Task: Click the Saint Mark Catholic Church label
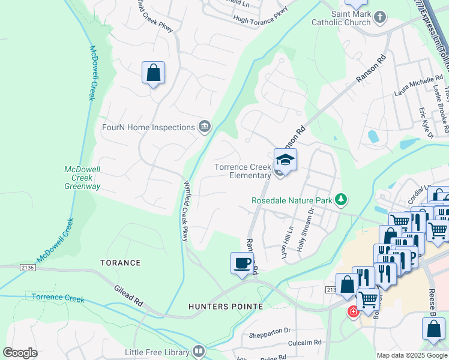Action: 341,18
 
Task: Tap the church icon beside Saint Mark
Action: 379,18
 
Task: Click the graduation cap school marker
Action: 285,160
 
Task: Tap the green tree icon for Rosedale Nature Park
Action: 341,199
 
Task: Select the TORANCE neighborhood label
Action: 121,263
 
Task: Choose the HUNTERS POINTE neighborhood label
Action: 226,307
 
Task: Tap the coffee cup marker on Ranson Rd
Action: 243,263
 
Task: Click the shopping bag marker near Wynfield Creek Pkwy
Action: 154,73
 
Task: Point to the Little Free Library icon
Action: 199,352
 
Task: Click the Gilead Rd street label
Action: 128,296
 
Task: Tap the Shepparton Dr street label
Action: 270,331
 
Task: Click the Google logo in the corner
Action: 20,352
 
